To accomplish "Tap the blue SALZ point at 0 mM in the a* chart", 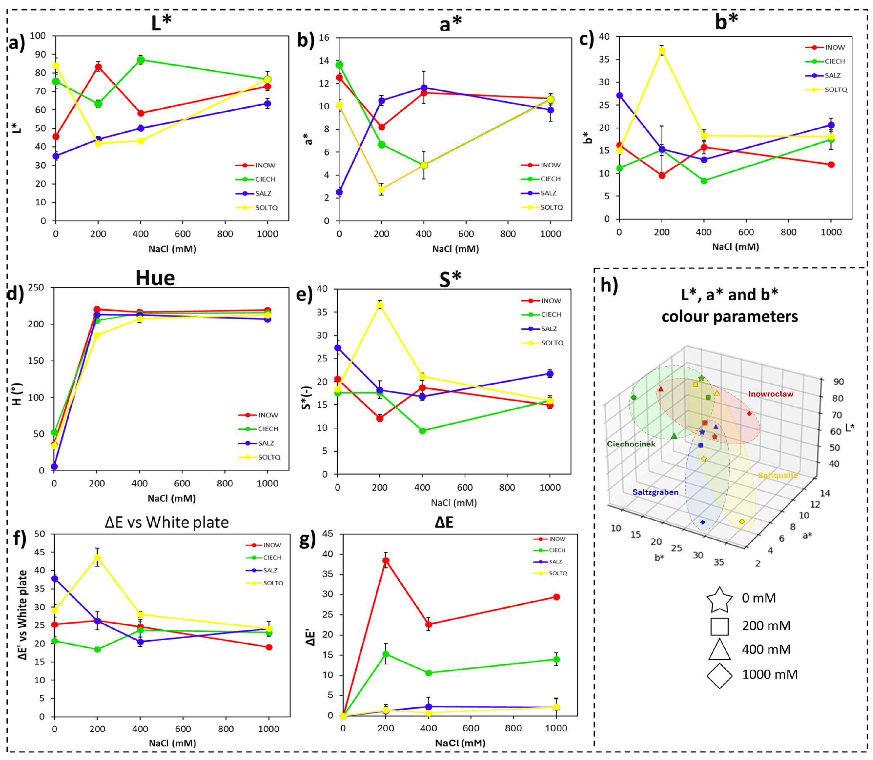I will pyautogui.click(x=339, y=192).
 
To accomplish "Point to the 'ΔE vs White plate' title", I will pyautogui.click(x=166, y=522).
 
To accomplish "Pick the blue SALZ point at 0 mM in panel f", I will pyautogui.click(x=54, y=579).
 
